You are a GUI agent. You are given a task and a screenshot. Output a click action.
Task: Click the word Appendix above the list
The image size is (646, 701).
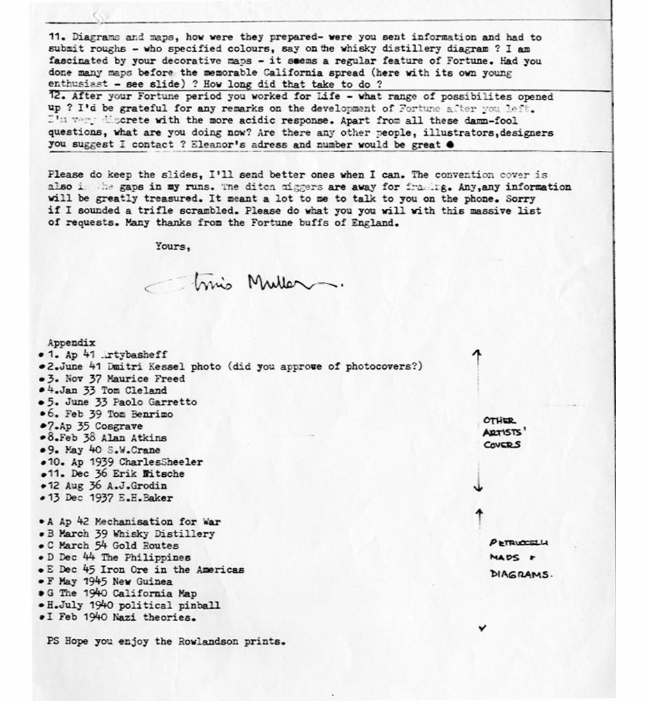tap(70, 342)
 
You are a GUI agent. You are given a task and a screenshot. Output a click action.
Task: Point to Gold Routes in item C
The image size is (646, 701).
tap(146, 545)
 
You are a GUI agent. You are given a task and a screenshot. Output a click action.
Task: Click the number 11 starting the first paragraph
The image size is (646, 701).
tap(56, 37)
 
